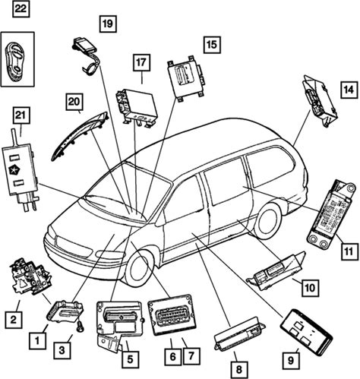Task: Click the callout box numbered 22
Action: coord(21,9)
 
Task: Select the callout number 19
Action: coord(108,24)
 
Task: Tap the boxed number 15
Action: coord(212,45)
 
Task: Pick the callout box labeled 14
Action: coord(349,90)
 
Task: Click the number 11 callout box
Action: coord(349,251)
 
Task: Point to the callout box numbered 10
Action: coord(310,288)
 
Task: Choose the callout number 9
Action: coord(291,360)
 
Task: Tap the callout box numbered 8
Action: coord(239,370)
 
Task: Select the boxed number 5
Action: coord(130,359)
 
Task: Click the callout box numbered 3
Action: coord(62,350)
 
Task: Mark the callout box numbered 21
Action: coord(21,115)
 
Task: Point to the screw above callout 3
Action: coord(81,326)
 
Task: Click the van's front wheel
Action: coord(139,269)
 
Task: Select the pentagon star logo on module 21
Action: coord(12,171)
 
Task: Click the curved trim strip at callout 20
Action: coord(78,135)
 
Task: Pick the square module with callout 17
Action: coord(136,107)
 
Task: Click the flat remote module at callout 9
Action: coord(306,331)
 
